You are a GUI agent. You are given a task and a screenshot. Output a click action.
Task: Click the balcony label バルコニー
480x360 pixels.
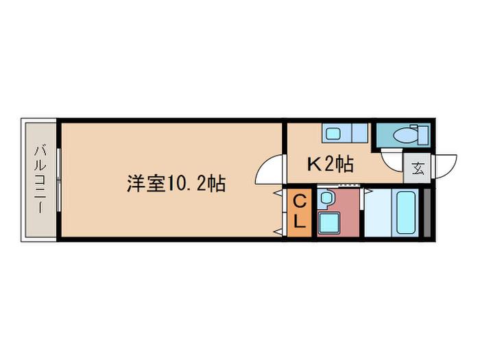coord(40,180)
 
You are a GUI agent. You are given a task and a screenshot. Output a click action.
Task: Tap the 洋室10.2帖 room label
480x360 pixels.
coord(176,183)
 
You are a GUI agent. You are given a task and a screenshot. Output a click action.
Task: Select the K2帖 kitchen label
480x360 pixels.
coord(331,164)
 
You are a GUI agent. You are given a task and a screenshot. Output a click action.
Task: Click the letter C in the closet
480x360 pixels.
coord(300,202)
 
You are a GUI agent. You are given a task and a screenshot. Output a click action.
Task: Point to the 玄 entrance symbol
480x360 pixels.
coord(418,168)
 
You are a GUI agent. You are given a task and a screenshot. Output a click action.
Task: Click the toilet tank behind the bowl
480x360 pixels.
coord(423,134)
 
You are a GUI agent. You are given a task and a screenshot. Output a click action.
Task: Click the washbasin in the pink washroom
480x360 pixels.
coord(326,197)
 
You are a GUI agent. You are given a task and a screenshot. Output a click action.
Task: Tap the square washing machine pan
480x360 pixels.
coord(329,223)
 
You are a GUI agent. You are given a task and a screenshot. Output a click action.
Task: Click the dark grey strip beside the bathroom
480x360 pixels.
coord(427,213)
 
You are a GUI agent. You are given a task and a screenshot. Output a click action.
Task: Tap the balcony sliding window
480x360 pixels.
coord(59,180)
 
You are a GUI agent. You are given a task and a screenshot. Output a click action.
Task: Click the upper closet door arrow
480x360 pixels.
coord(278,193)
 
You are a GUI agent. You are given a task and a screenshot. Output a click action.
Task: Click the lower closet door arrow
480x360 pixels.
coord(278,232)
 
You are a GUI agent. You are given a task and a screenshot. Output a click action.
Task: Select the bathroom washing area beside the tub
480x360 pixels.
coord(379,213)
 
